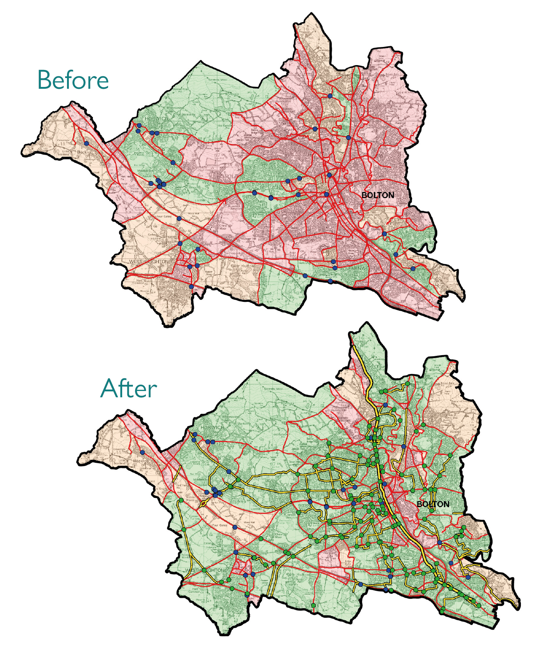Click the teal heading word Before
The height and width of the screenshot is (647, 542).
pos(73,80)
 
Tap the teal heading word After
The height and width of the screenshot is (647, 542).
pos(128,388)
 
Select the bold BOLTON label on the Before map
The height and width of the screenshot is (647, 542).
pos(378,195)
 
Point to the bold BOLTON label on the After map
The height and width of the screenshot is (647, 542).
pos(433,504)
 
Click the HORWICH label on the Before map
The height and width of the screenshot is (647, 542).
pos(156,119)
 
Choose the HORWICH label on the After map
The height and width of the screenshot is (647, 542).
pos(212,427)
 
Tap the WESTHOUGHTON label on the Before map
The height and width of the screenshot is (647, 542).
pos(148,262)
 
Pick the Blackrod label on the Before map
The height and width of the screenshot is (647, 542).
pos(84,152)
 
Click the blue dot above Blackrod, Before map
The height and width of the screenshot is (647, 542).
pos(87,144)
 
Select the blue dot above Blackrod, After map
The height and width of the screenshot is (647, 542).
pos(142,452)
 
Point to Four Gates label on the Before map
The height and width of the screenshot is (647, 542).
pos(164,216)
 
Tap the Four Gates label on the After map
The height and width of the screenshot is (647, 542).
pos(220,525)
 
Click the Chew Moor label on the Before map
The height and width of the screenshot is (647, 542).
pos(223,227)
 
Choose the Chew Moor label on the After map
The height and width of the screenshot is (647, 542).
pos(278,536)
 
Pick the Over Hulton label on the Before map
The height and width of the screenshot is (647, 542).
pos(242,266)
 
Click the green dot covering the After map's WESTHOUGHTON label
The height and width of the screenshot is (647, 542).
pos(204,570)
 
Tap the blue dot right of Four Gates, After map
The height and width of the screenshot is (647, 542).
pos(235,527)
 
